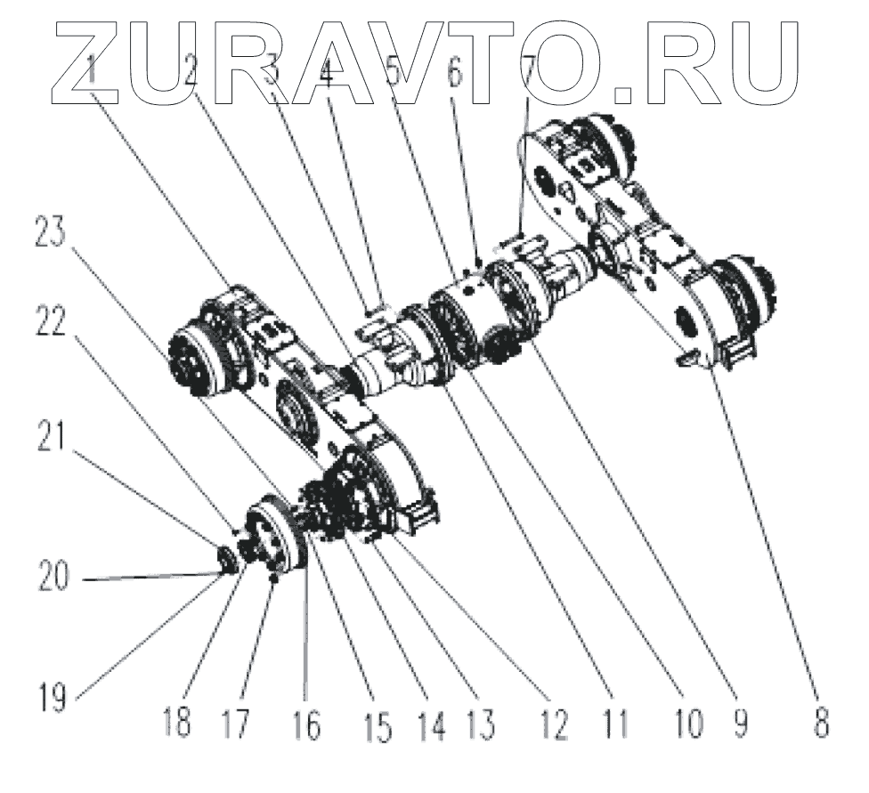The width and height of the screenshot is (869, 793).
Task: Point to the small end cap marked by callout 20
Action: click(227, 559)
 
